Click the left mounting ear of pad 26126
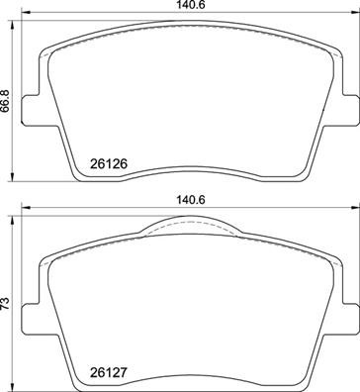coord(29,109)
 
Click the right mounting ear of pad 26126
coord(348,109)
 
